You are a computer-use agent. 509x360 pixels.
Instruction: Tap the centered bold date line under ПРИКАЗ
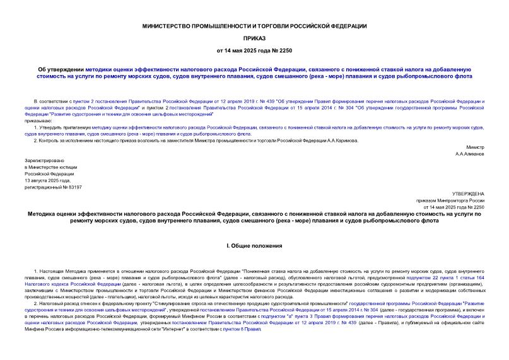(x=254, y=50)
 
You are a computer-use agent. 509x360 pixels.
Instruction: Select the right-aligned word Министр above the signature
(x=474, y=146)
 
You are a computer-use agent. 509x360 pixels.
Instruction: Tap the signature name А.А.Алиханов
(x=470, y=153)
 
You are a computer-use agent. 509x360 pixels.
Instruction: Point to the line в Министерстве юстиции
(x=50, y=167)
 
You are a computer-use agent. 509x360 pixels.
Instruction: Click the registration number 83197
(x=73, y=187)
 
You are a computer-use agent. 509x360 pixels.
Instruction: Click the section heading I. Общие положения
(x=254, y=245)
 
